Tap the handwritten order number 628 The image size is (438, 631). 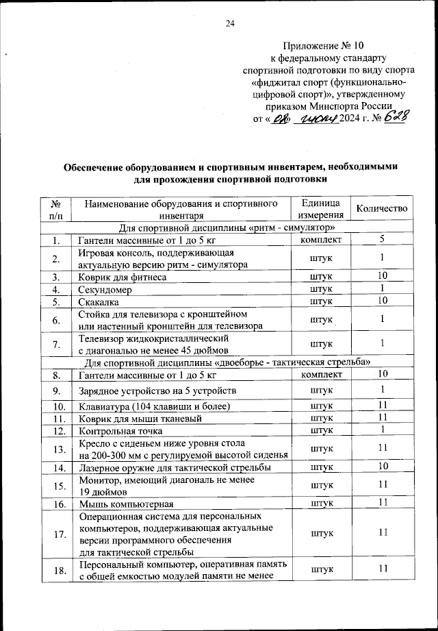click(x=396, y=119)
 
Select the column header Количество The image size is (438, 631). click(x=382, y=209)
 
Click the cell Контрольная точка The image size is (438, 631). click(x=120, y=430)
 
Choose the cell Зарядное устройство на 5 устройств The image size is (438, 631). click(x=158, y=391)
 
